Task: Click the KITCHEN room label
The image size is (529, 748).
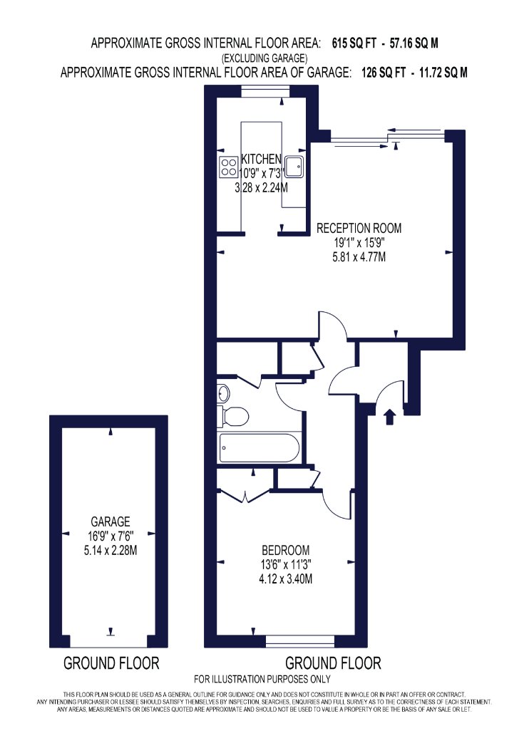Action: (x=261, y=159)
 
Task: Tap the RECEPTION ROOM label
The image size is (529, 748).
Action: (x=359, y=228)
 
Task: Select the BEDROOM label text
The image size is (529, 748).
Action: (x=285, y=550)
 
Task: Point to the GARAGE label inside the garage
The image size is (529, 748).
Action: (x=111, y=521)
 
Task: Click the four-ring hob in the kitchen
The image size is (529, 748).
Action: (x=229, y=167)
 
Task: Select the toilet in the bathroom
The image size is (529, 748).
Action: (x=233, y=417)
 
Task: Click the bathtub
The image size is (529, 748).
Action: (x=260, y=447)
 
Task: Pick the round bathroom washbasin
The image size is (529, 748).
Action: (x=223, y=393)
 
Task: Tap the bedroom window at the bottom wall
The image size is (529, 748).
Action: (x=300, y=641)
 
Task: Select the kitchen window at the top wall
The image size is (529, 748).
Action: (x=265, y=91)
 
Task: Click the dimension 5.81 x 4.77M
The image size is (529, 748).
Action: (x=359, y=257)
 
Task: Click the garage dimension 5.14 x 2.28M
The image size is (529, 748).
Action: (x=111, y=551)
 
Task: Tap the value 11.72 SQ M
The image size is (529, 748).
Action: (x=443, y=73)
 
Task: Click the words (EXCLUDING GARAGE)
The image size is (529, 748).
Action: (x=264, y=58)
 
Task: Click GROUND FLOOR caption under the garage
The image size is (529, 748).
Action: (x=111, y=663)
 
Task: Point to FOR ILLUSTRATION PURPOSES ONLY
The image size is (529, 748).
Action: (x=262, y=679)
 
